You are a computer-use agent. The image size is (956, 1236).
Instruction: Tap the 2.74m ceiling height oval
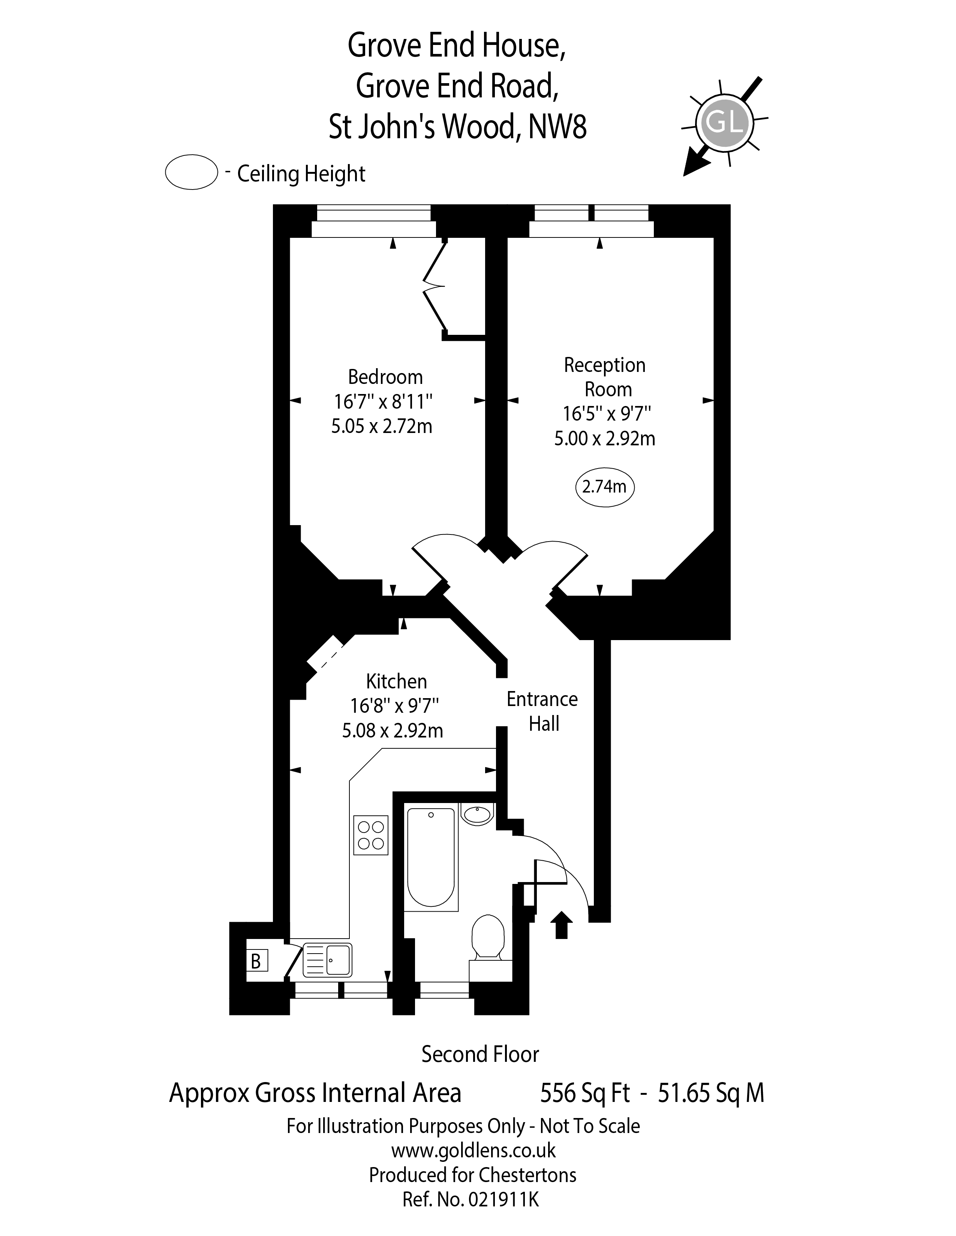(604, 487)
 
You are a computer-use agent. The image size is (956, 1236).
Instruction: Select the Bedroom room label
(385, 377)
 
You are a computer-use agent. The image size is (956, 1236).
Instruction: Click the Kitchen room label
(396, 681)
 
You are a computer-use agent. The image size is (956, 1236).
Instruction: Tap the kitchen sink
(327, 960)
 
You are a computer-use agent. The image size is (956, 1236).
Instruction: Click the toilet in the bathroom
(488, 937)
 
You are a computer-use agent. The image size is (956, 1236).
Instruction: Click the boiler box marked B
(256, 961)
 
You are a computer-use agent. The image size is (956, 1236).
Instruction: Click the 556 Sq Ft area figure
(584, 1093)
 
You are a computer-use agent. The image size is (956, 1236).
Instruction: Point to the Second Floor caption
(480, 1054)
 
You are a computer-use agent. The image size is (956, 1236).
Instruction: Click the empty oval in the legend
(192, 172)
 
